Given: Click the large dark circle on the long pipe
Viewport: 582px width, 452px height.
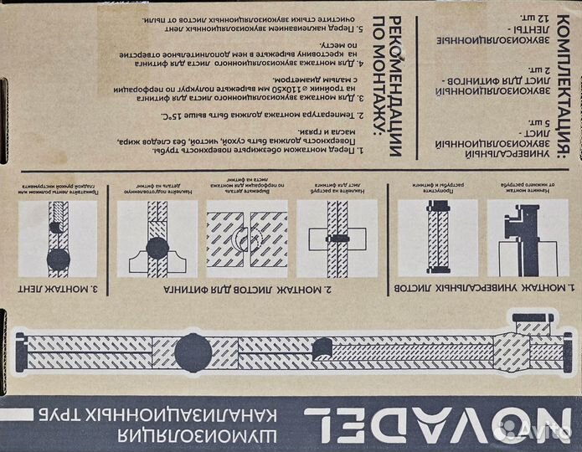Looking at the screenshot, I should click(x=192, y=347).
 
